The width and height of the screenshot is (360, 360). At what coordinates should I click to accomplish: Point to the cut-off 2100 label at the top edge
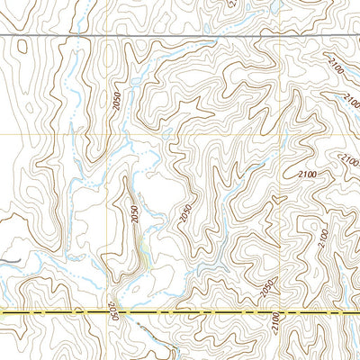(232, 4)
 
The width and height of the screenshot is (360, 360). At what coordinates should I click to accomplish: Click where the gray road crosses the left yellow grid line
(106, 35)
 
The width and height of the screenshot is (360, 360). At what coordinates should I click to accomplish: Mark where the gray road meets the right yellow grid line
(282, 36)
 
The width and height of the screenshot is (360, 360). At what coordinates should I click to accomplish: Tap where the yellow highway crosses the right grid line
(282, 312)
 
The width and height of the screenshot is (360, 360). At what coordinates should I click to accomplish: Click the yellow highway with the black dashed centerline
(180, 312)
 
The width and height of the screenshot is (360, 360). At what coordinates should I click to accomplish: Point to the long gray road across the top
(180, 35)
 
